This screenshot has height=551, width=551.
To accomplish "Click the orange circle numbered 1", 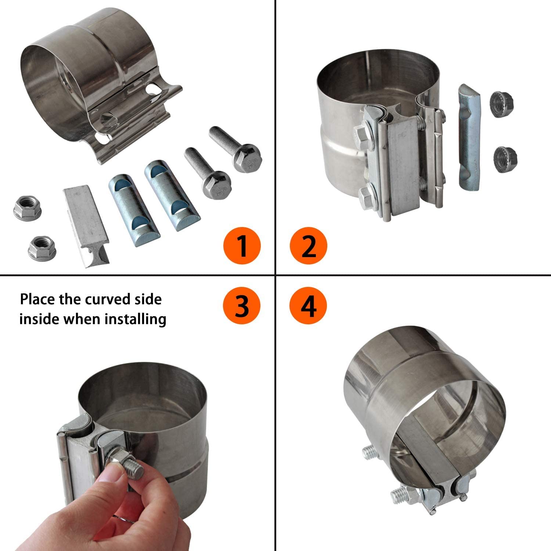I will (242, 245).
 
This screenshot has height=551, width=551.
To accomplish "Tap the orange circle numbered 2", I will (308, 245).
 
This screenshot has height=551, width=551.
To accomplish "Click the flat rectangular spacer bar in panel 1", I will (87, 226).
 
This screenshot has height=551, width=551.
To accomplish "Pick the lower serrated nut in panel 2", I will (505, 158).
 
